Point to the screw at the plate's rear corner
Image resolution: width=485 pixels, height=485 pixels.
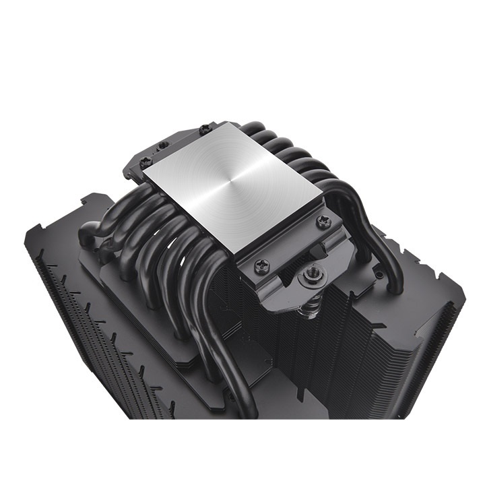203,128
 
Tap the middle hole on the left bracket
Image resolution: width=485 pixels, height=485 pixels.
161,145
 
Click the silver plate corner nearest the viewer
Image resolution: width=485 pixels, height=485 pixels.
237,253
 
